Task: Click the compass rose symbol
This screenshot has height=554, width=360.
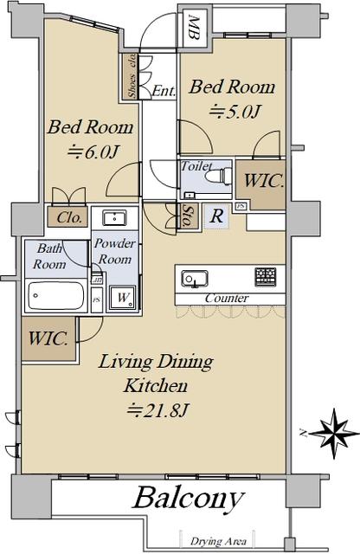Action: tap(334, 433)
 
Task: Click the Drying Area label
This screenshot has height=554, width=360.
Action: tap(218, 541)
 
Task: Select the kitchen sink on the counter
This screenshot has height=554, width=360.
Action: tap(195, 279)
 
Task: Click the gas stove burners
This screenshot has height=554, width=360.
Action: tap(266, 277)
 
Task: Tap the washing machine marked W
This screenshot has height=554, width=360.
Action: tap(122, 298)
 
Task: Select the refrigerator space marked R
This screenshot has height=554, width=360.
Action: tap(216, 216)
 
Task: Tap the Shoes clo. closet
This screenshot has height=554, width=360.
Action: tap(132, 76)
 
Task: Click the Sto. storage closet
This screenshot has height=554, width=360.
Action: tap(185, 216)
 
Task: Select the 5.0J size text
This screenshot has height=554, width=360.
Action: tap(235, 112)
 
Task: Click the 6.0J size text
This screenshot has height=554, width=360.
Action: tap(93, 151)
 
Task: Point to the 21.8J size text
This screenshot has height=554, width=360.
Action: tap(157, 409)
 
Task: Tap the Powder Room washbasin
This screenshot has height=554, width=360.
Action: tap(114, 217)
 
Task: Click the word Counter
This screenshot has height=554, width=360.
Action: tap(227, 298)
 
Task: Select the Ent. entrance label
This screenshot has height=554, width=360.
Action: tap(164, 92)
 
